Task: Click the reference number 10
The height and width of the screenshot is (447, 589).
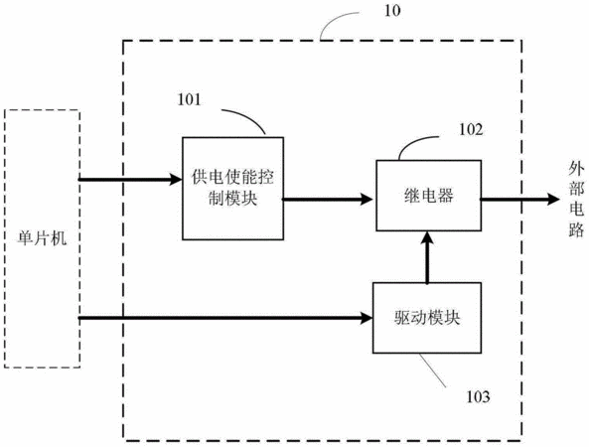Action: pos(392,11)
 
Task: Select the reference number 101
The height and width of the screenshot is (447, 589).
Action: pos(189,100)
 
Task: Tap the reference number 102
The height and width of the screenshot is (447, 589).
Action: pos(471,129)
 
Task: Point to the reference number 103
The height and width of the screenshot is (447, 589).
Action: pos(478,396)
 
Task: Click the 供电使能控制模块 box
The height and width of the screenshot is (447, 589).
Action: pos(232,188)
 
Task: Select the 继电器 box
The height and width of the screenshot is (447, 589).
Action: pos(429,196)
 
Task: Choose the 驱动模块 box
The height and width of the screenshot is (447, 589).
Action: pos(427,318)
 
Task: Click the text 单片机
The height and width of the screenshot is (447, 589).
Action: pos(42,238)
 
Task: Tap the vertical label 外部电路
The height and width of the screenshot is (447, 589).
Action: pos(576,200)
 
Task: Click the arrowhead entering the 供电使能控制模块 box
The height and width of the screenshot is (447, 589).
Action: pos(176,179)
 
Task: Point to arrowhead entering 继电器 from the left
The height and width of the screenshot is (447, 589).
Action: pos(367,199)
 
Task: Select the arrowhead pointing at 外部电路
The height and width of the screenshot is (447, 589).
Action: pos(553,199)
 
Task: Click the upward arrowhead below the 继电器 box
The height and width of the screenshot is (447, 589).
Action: pos(427,238)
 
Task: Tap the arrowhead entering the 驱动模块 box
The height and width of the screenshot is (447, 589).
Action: pos(366,318)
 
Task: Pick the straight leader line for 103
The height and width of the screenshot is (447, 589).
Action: pos(433,371)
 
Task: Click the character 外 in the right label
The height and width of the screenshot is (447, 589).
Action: pos(576,169)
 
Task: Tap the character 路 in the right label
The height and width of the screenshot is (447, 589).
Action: pos(576,229)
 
